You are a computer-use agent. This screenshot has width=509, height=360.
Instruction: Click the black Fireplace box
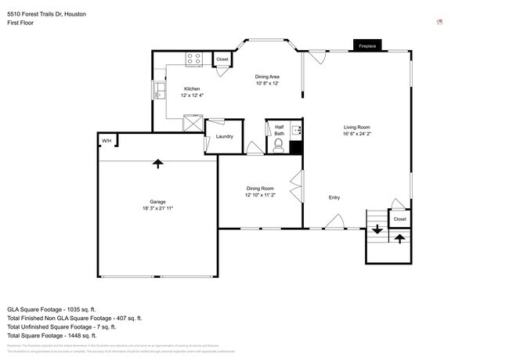(x=367, y=46)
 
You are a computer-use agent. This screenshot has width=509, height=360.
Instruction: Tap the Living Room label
(x=356, y=127)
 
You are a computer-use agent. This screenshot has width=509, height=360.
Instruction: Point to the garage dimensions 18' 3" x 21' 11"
(x=157, y=208)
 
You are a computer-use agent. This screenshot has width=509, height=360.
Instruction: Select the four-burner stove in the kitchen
(x=194, y=58)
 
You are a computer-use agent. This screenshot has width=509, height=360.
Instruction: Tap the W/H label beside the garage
(x=106, y=141)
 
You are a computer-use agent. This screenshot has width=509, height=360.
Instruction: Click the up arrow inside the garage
(x=158, y=163)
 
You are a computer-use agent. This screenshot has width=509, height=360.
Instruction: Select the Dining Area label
(x=268, y=77)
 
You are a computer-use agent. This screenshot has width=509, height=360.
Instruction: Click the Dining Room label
(x=259, y=188)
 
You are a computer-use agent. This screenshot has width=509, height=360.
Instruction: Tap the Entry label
(x=334, y=197)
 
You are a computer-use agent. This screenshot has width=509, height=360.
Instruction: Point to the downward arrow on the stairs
(x=377, y=229)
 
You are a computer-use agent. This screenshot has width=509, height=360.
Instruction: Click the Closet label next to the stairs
(x=400, y=219)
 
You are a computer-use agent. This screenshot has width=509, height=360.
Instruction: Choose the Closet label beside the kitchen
(x=222, y=59)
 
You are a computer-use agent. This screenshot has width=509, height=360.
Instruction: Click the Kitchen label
(x=193, y=88)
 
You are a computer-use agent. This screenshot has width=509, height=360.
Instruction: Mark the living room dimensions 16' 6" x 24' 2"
(x=356, y=134)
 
